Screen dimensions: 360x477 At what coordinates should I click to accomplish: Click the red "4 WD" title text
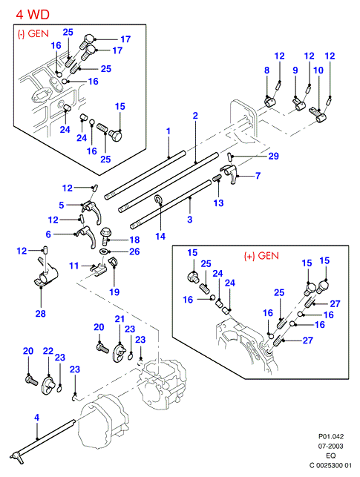pos(33,15)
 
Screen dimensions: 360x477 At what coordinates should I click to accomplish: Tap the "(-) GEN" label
pos(33,33)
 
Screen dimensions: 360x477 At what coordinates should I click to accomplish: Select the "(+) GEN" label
pos(261,256)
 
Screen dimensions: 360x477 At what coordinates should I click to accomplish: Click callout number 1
pos(168,131)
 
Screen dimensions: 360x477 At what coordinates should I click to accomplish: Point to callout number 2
pos(195,116)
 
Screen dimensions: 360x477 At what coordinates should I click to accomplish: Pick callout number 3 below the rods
pos(189,220)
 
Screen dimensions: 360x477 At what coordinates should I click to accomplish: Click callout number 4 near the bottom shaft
pos(36,418)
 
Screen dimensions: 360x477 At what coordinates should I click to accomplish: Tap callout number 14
pos(160,236)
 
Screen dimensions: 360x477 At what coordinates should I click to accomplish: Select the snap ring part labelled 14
pos(159,200)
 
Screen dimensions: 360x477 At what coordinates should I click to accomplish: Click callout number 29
pos(274,156)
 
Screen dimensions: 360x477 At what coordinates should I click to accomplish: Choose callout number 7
pos(258,176)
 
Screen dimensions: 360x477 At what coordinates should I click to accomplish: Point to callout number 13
pos(218,203)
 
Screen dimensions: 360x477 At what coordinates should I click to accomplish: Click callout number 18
pos(134,240)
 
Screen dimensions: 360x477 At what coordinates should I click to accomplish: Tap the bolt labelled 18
pos(105,236)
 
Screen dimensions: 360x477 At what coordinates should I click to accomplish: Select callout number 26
pos(134,251)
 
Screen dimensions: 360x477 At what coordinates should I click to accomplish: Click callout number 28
pos(41,313)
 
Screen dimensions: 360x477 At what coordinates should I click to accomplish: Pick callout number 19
pos(114,292)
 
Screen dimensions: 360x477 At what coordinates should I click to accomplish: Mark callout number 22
pos(48,351)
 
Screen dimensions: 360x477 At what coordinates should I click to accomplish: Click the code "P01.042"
pos(331,436)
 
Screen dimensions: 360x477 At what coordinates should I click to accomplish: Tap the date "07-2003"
pos(331,447)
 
